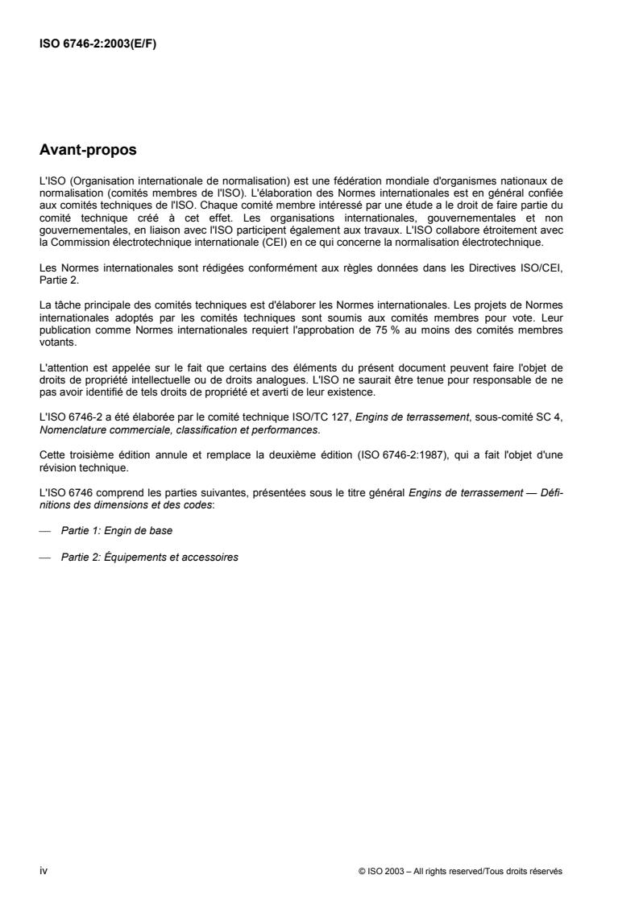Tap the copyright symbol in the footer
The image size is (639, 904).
[x=362, y=871]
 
